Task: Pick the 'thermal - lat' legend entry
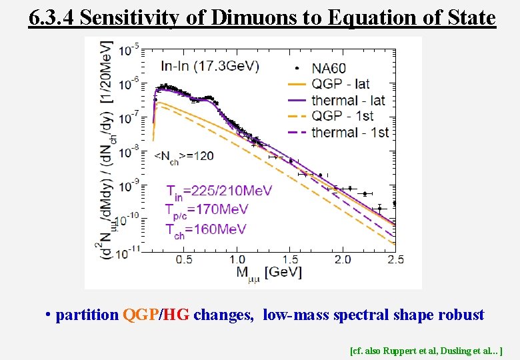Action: click(349, 100)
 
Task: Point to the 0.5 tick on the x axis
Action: click(185, 259)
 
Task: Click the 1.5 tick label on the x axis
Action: click(290, 259)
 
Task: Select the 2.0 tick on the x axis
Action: click(343, 259)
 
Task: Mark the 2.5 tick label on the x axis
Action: click(395, 259)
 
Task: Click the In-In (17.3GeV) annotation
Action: click(210, 65)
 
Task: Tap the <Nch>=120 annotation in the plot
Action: click(184, 156)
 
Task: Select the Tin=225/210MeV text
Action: click(219, 192)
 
